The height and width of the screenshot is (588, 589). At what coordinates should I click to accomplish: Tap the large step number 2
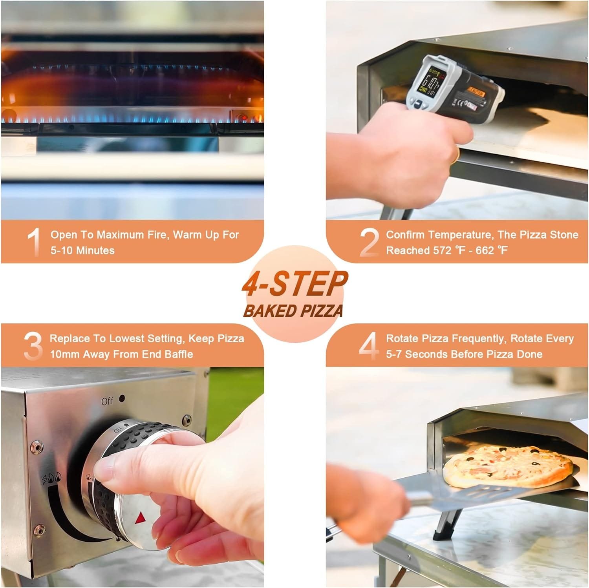[x=369, y=242]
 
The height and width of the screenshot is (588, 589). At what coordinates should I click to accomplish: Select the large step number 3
[x=33, y=346]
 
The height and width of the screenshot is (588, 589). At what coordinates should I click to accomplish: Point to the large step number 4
[x=369, y=346]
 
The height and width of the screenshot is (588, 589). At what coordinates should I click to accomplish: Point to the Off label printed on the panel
[x=107, y=401]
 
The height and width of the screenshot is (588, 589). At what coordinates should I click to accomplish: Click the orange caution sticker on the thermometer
[x=476, y=93]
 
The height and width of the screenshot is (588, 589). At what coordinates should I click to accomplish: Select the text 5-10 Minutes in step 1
[x=82, y=250]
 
